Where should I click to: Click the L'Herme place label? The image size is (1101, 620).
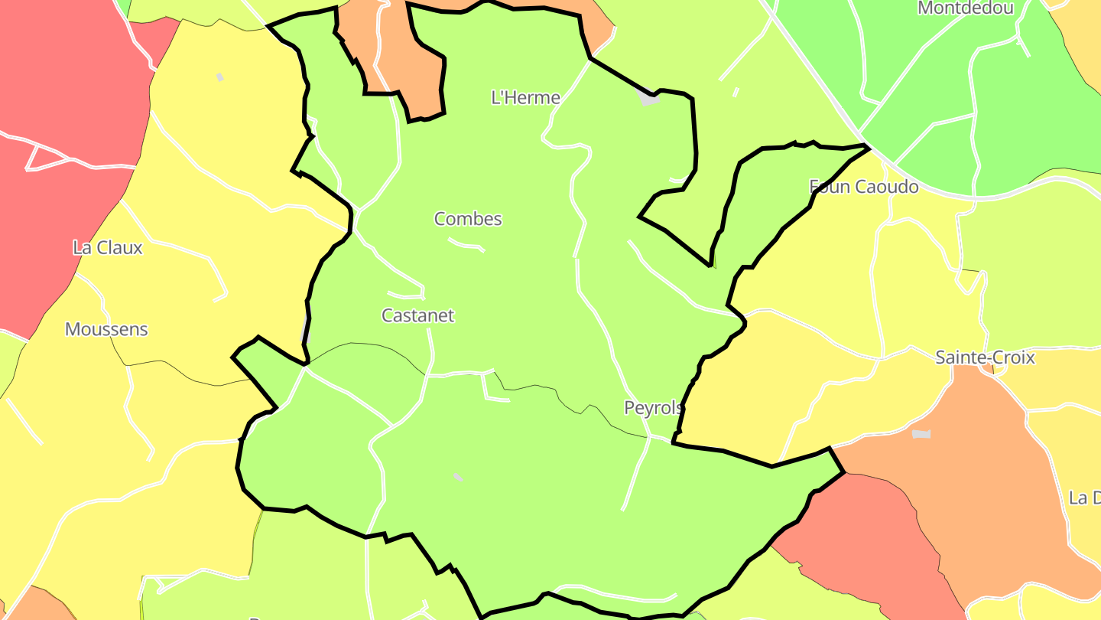pyautogui.click(x=525, y=98)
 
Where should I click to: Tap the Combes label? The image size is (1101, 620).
pyautogui.click(x=468, y=219)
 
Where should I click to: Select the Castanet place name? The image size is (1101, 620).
pyautogui.click(x=417, y=315)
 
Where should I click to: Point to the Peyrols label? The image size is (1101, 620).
pyautogui.click(x=653, y=408)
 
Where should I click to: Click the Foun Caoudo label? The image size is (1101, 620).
pyautogui.click(x=863, y=187)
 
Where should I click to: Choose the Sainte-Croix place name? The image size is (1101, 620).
pyautogui.click(x=985, y=357)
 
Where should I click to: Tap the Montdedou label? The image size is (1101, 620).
pyautogui.click(x=965, y=8)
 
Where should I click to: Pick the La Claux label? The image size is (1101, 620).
pyautogui.click(x=107, y=247)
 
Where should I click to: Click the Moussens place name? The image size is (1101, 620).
pyautogui.click(x=106, y=330)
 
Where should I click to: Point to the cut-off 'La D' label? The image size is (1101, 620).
pyautogui.click(x=1084, y=498)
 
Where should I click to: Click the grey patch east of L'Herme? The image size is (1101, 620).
pyautogui.click(x=648, y=98)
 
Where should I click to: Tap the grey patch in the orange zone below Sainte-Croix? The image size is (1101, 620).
pyautogui.click(x=921, y=434)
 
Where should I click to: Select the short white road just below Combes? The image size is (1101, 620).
pyautogui.click(x=466, y=245)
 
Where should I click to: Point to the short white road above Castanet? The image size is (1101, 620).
pyautogui.click(x=406, y=295)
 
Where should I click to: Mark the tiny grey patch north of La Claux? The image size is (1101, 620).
pyautogui.click(x=220, y=77)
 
